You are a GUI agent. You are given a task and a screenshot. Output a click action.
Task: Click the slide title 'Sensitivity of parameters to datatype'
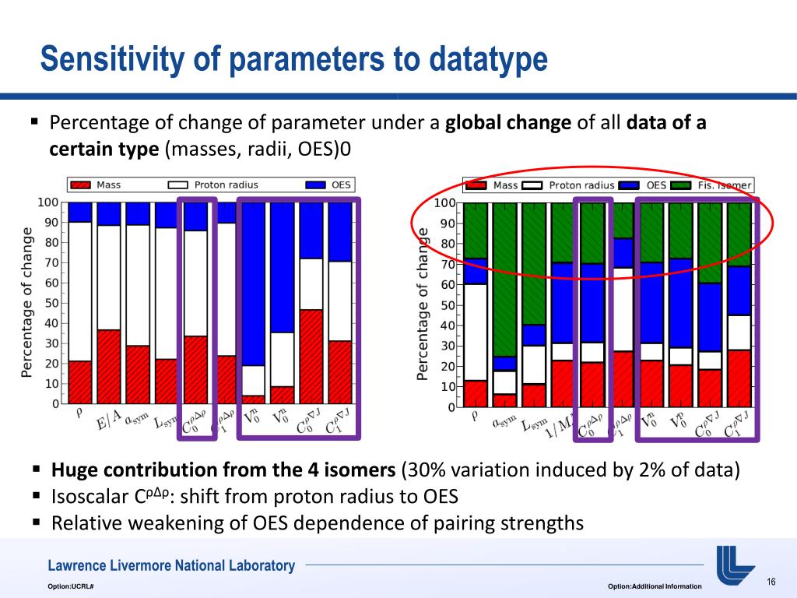[x=294, y=59]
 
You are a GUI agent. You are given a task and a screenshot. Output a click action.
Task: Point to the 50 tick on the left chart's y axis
[x=49, y=303]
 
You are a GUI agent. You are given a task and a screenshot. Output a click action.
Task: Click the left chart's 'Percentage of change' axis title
[x=26, y=303]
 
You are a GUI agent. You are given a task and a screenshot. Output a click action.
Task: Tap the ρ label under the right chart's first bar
[x=476, y=415]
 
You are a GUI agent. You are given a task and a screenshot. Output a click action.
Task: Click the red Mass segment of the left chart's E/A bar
[x=109, y=367]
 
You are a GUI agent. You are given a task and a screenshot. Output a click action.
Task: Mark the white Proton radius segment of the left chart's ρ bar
[x=79, y=291]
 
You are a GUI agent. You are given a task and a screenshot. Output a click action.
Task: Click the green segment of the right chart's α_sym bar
[x=504, y=280]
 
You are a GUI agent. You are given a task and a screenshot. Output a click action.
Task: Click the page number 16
[x=772, y=583]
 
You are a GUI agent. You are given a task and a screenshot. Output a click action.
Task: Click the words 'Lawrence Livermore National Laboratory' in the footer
[x=171, y=566]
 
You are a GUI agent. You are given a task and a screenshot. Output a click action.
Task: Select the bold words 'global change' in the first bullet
[x=509, y=124]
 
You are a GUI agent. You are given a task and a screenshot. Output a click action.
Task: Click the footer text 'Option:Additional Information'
[x=654, y=586]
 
